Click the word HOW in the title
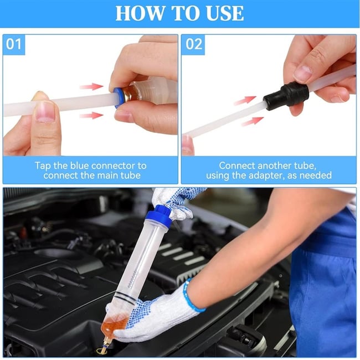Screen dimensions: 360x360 136,13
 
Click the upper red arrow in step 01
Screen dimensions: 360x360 91,86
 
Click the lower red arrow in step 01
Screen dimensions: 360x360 91,115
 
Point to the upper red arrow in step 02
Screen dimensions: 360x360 244,100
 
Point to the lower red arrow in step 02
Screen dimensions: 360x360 253,121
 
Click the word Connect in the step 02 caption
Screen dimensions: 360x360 236,166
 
